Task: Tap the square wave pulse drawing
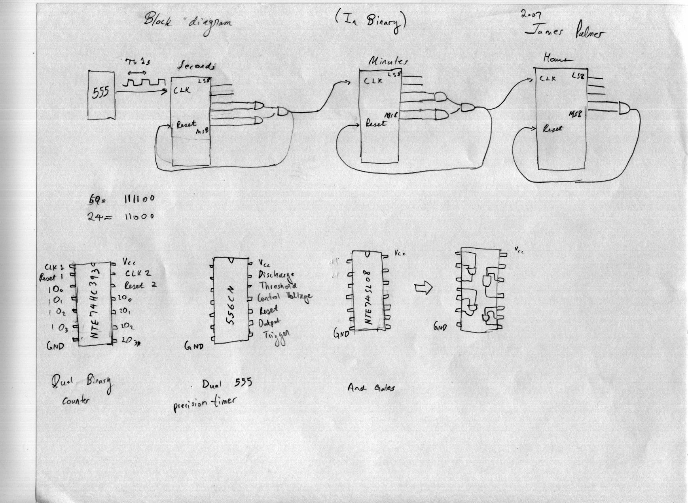[143, 83]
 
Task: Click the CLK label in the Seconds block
[182, 91]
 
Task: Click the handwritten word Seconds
[196, 66]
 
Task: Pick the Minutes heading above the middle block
[388, 61]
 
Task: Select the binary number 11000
[139, 216]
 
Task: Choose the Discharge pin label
[276, 274]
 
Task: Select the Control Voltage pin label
[284, 297]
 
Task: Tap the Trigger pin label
[276, 336]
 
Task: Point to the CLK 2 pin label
[138, 273]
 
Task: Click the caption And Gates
[371, 388]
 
